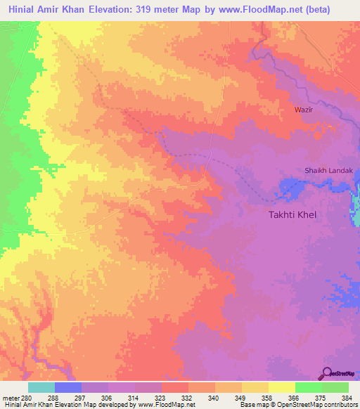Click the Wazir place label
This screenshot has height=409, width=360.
pyautogui.click(x=303, y=110)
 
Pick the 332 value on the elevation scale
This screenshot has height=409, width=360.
pyautogui.click(x=188, y=397)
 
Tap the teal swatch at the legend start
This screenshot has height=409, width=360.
pyautogui.click(x=41, y=387)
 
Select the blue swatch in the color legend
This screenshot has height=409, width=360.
pyautogui.click(x=68, y=387)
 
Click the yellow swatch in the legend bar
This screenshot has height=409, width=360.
pyautogui.click(x=281, y=387)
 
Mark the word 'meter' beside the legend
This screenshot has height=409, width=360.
pyautogui.click(x=10, y=397)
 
